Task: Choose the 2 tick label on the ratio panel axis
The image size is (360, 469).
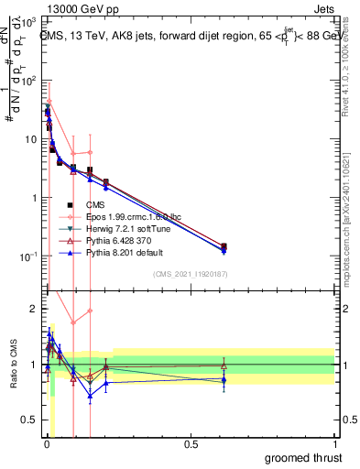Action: point(33,309)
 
